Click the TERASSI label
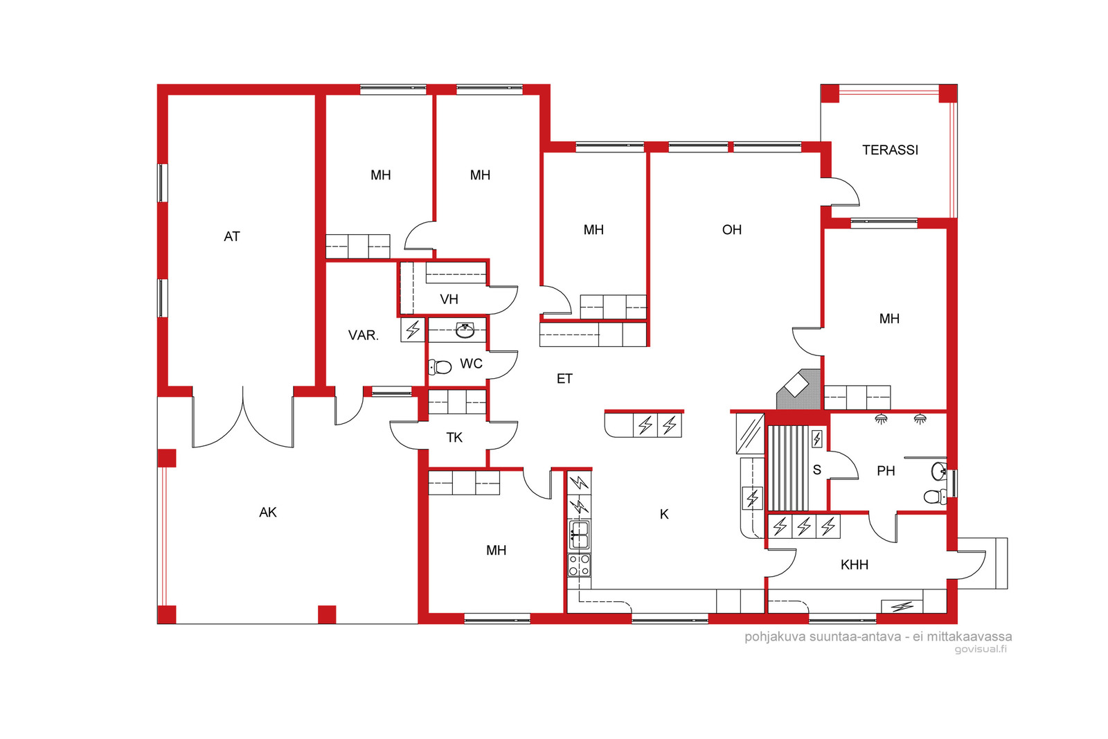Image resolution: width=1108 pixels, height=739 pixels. (890, 150)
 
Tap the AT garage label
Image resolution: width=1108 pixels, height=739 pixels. (231, 236)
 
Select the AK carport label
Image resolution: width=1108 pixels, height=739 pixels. (267, 513)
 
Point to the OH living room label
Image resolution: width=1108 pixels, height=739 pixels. (731, 229)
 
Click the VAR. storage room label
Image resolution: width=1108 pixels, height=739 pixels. (363, 335)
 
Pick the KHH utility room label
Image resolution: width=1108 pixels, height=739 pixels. (855, 564)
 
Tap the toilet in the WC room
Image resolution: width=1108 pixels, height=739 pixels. (440, 367)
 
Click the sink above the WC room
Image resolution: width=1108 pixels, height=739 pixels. (465, 330)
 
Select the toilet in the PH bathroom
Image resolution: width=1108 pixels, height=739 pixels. (935, 496)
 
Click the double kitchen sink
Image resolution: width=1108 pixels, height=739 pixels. (579, 535)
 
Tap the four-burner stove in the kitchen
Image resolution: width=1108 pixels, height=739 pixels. (579, 565)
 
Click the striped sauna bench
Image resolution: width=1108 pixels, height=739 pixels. (789, 468)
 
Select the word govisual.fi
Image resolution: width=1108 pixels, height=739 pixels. (981, 650)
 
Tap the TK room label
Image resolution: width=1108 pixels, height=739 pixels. (454, 437)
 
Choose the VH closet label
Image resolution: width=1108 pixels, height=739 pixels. (449, 299)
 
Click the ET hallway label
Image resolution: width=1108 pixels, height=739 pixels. (564, 379)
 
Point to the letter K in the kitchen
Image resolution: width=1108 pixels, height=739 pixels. (664, 515)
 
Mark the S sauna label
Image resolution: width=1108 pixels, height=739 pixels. (816, 470)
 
